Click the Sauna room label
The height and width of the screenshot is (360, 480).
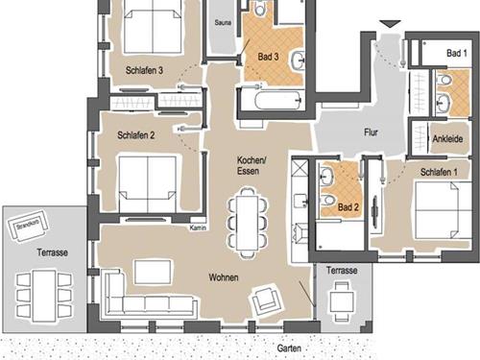[x=223, y=23]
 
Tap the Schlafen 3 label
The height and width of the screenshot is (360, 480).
[x=144, y=70]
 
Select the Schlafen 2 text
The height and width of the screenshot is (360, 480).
[x=136, y=135]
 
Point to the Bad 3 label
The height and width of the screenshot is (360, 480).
[x=268, y=57]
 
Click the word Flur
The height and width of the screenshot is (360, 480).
[x=371, y=132]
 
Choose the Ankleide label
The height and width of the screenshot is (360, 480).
[x=447, y=139]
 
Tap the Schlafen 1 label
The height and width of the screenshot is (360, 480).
[x=439, y=172]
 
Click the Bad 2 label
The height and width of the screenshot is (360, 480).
[x=348, y=207]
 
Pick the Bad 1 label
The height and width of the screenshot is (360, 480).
[x=457, y=53]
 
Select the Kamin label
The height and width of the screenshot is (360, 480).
[x=198, y=228]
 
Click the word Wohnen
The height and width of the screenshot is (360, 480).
[x=224, y=277]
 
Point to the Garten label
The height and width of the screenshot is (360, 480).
[x=289, y=348]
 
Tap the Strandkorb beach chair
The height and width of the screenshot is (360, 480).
[x=28, y=226]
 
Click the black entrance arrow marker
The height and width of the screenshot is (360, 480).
[x=390, y=24]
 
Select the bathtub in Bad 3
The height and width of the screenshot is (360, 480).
[x=277, y=100]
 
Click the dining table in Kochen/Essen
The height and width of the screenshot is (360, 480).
[x=247, y=223]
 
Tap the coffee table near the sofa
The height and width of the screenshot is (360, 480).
[x=153, y=272]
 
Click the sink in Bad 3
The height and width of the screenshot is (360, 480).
[x=298, y=60]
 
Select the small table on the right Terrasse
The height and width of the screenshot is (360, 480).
[x=342, y=301]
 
